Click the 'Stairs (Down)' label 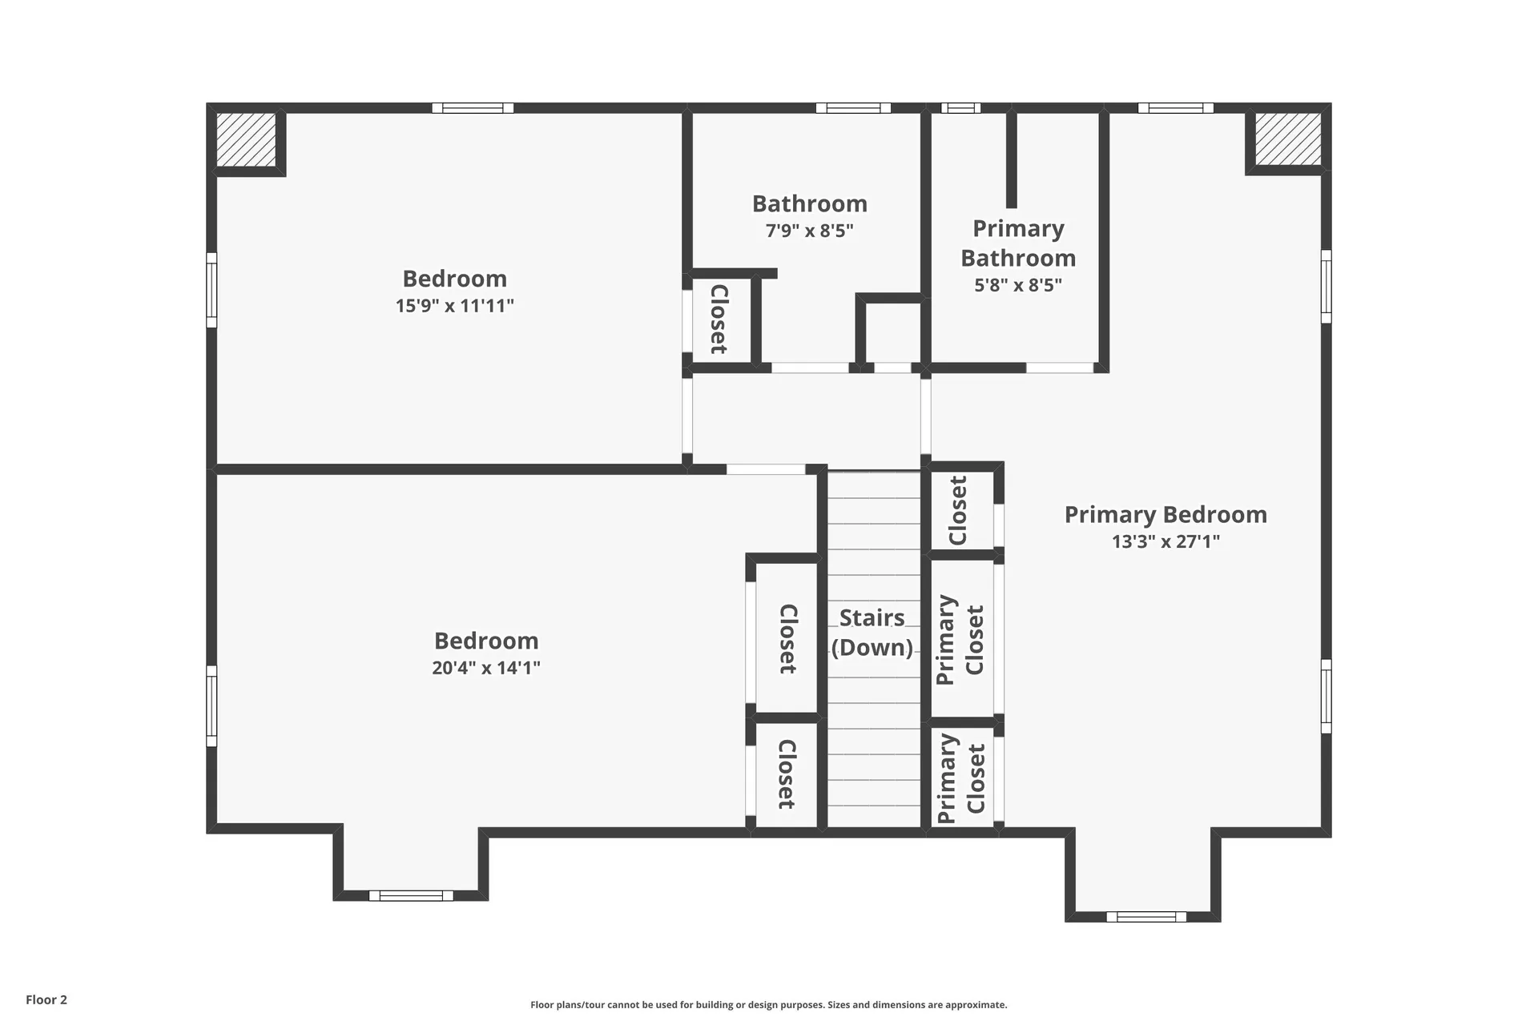click(x=872, y=632)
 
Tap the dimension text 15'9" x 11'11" click(x=454, y=306)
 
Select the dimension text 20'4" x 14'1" click(x=486, y=668)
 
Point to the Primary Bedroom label click(x=1165, y=515)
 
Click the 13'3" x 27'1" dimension click(x=1165, y=542)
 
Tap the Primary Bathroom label click(x=1018, y=243)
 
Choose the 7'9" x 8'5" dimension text click(x=809, y=231)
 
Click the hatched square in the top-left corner click(x=247, y=139)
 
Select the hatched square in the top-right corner click(x=1287, y=139)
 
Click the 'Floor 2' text click(x=46, y=999)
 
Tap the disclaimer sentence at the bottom click(x=768, y=1005)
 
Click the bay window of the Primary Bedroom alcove click(x=1145, y=917)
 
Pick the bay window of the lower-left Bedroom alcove click(x=411, y=896)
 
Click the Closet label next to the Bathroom click(x=719, y=319)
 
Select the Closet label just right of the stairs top click(x=958, y=511)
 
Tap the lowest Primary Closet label click(x=961, y=778)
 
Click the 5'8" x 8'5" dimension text click(x=1018, y=285)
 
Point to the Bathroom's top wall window click(x=853, y=108)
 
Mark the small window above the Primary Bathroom click(x=960, y=108)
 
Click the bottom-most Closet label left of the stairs click(x=787, y=774)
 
